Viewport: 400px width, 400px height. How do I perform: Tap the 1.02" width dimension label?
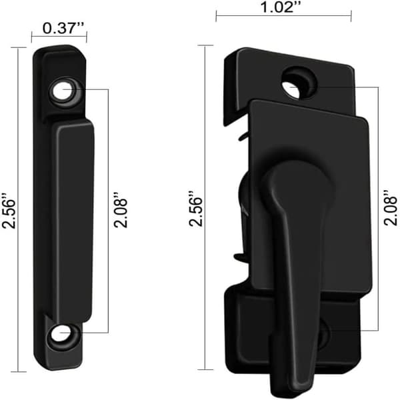(280, 7)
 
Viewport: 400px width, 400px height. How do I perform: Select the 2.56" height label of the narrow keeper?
(9, 211)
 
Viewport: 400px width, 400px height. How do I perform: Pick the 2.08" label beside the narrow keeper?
(120, 210)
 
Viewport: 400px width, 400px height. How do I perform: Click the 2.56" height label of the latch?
(195, 208)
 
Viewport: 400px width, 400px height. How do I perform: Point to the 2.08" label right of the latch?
(390, 207)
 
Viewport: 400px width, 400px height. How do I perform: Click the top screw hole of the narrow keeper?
(62, 91)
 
